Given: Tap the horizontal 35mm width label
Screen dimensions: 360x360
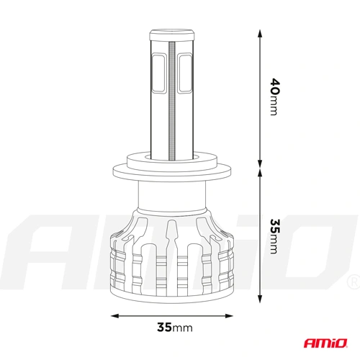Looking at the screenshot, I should (174, 328).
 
